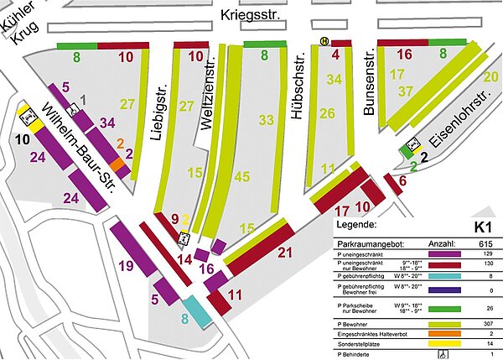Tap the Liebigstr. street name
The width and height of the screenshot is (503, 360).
162,108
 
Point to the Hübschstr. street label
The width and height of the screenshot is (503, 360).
296,91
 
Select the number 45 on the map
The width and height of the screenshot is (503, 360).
242,177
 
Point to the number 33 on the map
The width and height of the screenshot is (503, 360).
266,120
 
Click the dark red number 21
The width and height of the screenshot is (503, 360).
284,253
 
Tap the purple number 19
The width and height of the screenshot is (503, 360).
126,267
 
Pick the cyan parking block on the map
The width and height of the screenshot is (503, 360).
197,310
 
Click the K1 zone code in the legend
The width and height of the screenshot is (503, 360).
481,227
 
